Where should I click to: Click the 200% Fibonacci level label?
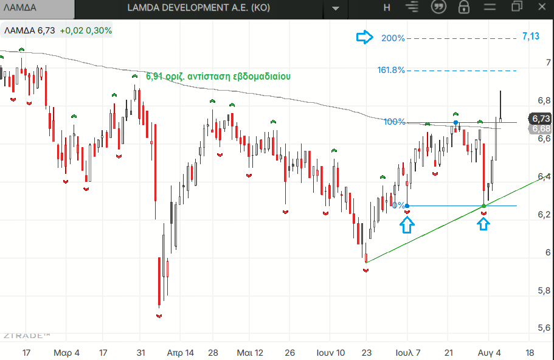pyautogui.click(x=393, y=38)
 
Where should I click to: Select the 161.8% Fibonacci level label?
pyautogui.click(x=391, y=70)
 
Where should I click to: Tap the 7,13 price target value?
pyautogui.click(x=531, y=36)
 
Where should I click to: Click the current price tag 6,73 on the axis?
pyautogui.click(x=541, y=119)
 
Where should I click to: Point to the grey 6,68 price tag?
pyautogui.click(x=541, y=128)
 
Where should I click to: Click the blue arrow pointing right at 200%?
pyautogui.click(x=365, y=36)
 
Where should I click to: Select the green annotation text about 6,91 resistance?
pyautogui.click(x=218, y=76)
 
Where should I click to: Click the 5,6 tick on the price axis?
pyautogui.click(x=544, y=328)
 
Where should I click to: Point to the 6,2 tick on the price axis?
pyautogui.click(x=544, y=215)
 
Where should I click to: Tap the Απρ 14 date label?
pyautogui.click(x=180, y=353)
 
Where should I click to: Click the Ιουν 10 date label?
pyautogui.click(x=330, y=353)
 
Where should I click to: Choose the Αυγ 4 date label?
pyautogui.click(x=489, y=353)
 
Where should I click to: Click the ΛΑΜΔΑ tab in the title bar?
pyautogui.click(x=20, y=8)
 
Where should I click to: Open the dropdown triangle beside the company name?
pyautogui.click(x=336, y=9)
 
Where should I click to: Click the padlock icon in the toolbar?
pyautogui.click(x=463, y=7)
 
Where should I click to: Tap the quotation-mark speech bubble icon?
pyautogui.click(x=438, y=7)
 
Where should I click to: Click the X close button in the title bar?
pyautogui.click(x=542, y=7)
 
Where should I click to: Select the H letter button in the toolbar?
pyautogui.click(x=387, y=7)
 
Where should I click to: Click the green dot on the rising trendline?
pyautogui.click(x=483, y=206)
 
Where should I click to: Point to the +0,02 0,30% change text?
pyautogui.click(x=86, y=31)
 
